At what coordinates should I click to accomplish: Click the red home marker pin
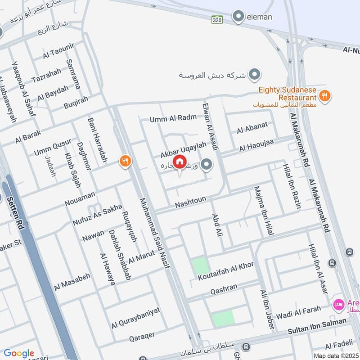click(x=180, y=162)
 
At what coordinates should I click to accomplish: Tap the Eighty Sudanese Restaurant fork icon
click(x=324, y=95)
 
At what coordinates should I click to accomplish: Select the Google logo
click(x=19, y=353)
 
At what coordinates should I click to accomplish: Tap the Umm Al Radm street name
click(x=174, y=118)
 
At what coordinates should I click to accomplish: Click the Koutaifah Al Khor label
click(x=226, y=271)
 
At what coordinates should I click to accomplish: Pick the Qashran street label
click(x=224, y=291)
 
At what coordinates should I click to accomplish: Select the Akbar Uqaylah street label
click(x=183, y=149)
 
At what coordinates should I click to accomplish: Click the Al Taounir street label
click(x=58, y=51)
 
